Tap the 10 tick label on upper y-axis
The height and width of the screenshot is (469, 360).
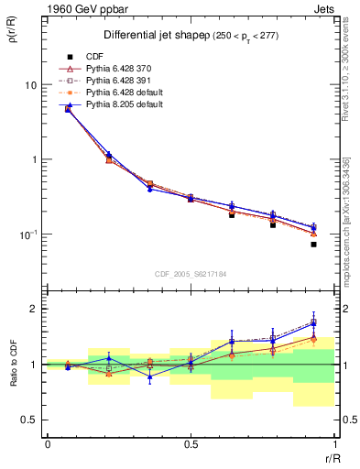pos(29,84)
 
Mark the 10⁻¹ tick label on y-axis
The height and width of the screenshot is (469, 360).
pos(27,234)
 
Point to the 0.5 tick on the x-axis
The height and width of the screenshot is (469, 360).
pos(190,445)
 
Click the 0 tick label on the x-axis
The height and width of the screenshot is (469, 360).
pos(47,445)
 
